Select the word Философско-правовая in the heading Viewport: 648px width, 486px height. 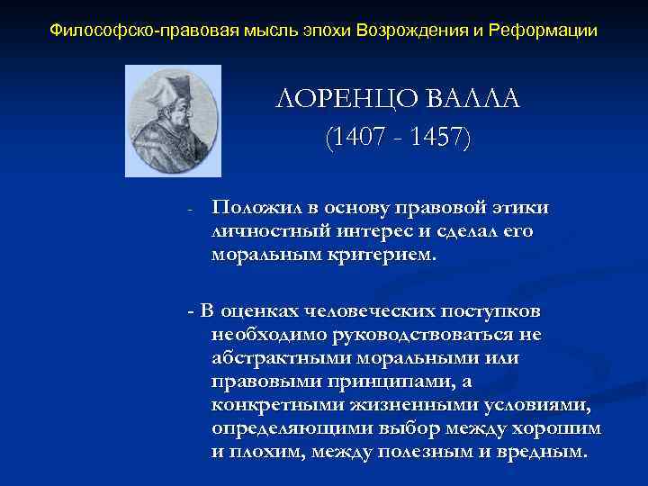(x=129, y=31)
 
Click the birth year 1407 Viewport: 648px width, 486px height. (x=357, y=138)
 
